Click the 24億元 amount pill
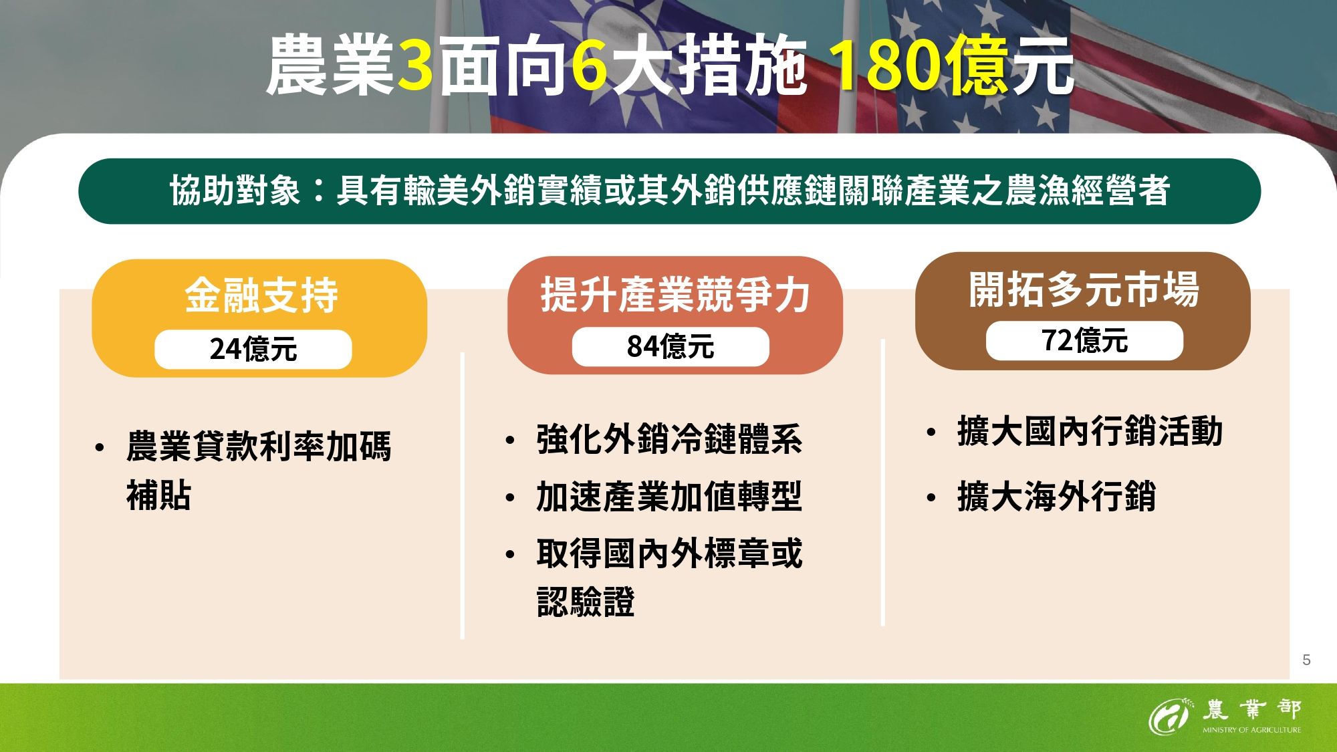(253, 350)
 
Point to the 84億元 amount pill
(671, 347)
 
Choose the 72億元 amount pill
(1084, 341)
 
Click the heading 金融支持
(261, 295)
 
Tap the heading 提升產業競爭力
(675, 295)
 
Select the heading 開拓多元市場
(1084, 289)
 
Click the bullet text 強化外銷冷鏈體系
(669, 440)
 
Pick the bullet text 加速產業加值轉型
(669, 497)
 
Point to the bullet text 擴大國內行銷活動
(1090, 431)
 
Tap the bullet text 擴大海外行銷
(1056, 497)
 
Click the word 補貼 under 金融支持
(159, 495)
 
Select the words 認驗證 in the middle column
(586, 602)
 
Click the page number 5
(1306, 660)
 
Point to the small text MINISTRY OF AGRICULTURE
(1251, 730)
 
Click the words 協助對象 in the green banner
(235, 191)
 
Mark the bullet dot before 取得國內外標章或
(511, 554)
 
